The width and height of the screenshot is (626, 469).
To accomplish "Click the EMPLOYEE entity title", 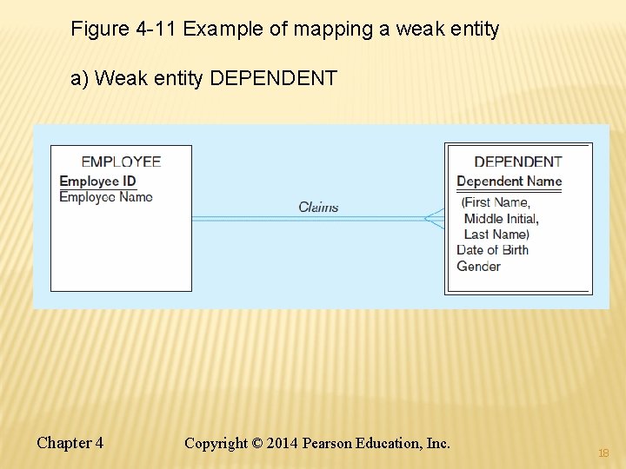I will pyautogui.click(x=121, y=162).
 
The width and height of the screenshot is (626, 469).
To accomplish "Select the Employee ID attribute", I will pyautogui.click(x=97, y=182).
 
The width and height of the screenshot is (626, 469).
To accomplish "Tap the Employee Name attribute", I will pyautogui.click(x=106, y=197).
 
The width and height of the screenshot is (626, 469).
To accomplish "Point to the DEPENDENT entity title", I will pyautogui.click(x=518, y=162).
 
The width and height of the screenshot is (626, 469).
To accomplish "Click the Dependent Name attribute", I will pyautogui.click(x=509, y=182).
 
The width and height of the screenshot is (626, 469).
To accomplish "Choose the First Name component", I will pyautogui.click(x=496, y=202).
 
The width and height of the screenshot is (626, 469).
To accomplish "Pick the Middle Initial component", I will pyautogui.click(x=502, y=218).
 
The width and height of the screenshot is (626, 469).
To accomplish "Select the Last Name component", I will pyautogui.click(x=496, y=234).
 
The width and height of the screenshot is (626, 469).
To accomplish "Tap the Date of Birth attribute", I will pyautogui.click(x=492, y=250).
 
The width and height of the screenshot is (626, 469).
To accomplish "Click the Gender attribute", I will pyautogui.click(x=479, y=266).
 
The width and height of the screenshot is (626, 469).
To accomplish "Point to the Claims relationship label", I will pyautogui.click(x=318, y=207).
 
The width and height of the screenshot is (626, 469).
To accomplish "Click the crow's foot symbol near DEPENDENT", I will pyautogui.click(x=434, y=218).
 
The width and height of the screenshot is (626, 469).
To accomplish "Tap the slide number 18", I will pyautogui.click(x=603, y=453).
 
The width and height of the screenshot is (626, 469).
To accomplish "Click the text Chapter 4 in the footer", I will pyautogui.click(x=70, y=443).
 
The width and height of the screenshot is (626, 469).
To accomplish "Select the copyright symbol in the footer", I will pyautogui.click(x=257, y=444).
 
